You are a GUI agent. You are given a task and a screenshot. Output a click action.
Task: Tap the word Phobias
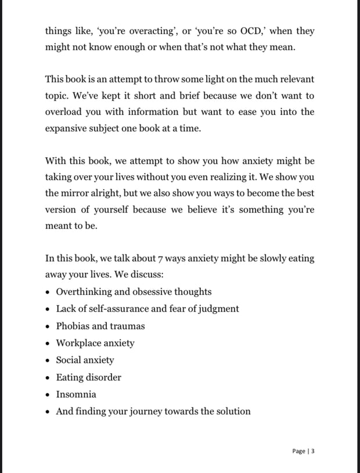[x=73, y=326]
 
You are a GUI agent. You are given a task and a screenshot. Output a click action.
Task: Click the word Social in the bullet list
[x=69, y=360]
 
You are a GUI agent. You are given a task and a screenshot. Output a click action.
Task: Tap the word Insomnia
[x=76, y=394]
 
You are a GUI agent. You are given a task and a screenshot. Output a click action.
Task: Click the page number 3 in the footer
[x=312, y=451]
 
